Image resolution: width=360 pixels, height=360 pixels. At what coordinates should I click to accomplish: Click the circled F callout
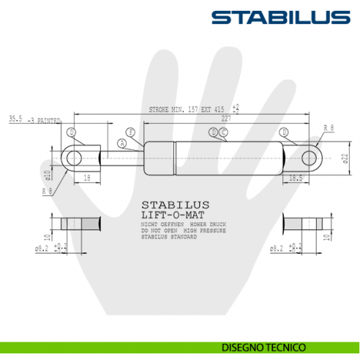[x=130, y=132]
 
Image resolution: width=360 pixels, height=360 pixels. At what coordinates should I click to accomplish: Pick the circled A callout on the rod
[x=121, y=143]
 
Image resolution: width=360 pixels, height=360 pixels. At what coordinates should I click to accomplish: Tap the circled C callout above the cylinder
[x=223, y=132]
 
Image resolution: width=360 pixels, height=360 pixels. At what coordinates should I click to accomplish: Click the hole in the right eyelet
[x=310, y=157]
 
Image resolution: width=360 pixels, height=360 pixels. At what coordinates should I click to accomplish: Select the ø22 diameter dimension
[x=344, y=158]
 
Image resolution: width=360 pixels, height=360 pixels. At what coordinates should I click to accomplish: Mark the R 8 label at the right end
[x=329, y=127]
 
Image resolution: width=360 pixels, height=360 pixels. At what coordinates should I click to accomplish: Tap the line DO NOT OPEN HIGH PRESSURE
[x=183, y=230]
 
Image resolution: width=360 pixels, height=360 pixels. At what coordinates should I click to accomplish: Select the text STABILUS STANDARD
[x=169, y=237]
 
